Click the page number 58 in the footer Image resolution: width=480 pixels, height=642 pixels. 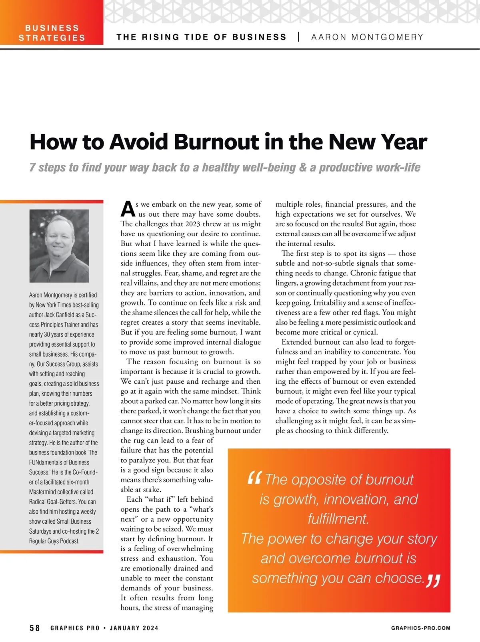35,628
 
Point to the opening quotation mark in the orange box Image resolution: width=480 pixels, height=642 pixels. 254,478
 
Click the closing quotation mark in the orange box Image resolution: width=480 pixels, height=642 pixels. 433,581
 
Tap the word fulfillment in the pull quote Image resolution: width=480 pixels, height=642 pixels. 338,519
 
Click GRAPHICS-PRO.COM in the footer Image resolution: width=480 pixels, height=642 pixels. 420,628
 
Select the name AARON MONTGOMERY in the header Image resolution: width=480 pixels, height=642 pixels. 367,37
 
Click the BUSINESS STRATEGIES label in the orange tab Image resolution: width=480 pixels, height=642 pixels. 52,33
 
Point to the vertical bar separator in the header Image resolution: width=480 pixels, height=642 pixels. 299,37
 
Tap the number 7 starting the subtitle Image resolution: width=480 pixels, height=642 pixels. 32,167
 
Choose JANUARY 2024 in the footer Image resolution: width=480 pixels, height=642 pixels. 134,628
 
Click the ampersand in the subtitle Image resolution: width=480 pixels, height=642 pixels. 303,167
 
